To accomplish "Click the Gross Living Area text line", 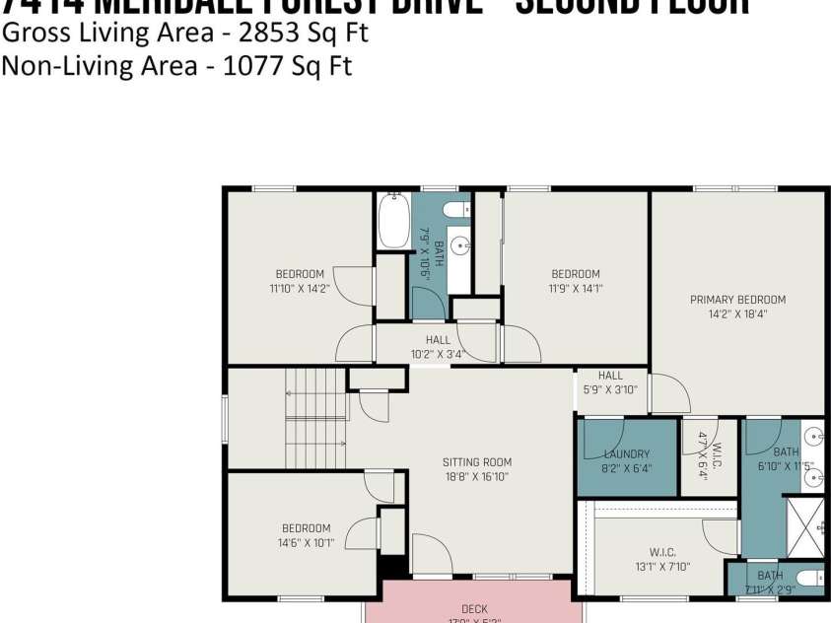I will [185, 33].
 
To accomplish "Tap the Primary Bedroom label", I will [737, 300].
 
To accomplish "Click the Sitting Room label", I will [476, 462].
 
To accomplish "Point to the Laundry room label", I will [626, 454].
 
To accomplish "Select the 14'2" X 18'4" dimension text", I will [737, 315].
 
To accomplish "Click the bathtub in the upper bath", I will [392, 222].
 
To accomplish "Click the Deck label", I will [474, 609].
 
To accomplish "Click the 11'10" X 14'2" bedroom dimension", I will [299, 289].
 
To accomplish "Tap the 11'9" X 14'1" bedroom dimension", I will [575, 289].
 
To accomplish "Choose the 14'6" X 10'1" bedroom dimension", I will [306, 542].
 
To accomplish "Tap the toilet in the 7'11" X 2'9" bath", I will [808, 578].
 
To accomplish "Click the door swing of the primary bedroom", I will [668, 393].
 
